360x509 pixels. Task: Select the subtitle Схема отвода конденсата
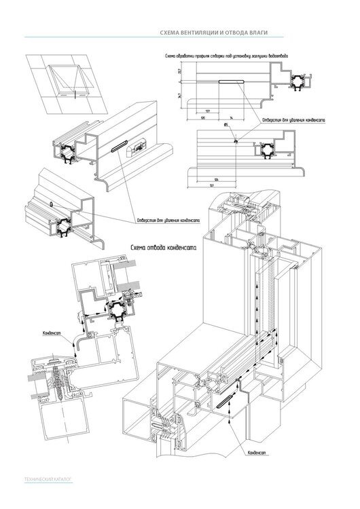point(163,248)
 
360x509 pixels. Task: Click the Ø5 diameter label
point(225,126)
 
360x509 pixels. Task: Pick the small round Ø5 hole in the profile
point(234,141)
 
